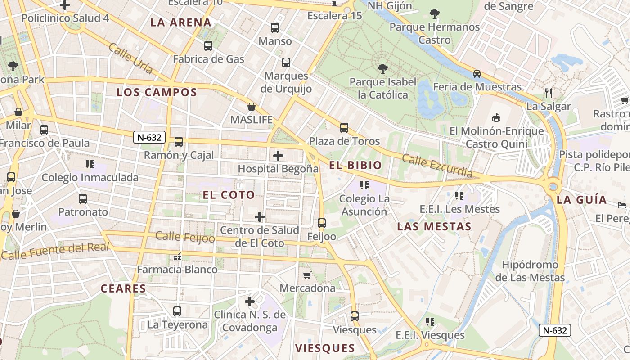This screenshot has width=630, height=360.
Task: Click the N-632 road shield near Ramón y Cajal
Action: coord(149,137)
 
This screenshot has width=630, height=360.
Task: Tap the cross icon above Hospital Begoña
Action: coord(278,156)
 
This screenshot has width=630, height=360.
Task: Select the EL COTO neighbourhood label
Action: coord(229,195)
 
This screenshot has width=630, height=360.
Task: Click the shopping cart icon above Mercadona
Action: coord(307,275)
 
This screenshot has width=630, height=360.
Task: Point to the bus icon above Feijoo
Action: coord(321,223)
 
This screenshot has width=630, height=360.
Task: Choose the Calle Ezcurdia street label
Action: coord(437,166)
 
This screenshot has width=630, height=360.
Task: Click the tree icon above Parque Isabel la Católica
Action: coord(382,69)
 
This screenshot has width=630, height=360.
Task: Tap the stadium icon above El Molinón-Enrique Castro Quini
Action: coord(496,118)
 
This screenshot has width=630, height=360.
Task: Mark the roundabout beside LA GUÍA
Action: coord(553,186)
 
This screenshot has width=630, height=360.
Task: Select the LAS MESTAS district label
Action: coord(434,226)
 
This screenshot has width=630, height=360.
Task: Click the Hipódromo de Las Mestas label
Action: coord(530,271)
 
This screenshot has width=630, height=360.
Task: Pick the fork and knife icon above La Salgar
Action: coord(548,93)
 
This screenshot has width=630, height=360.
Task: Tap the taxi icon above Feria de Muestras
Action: coord(477,73)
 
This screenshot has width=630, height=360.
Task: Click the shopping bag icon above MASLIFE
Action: coord(252,107)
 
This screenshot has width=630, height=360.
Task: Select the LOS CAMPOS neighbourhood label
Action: coord(157,93)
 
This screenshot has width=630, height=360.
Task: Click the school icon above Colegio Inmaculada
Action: coord(90,164)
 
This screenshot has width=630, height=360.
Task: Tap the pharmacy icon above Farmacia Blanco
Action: coord(177,256)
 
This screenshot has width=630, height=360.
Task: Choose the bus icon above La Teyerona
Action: coord(177,311)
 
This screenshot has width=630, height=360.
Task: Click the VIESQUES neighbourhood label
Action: coord(325,348)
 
